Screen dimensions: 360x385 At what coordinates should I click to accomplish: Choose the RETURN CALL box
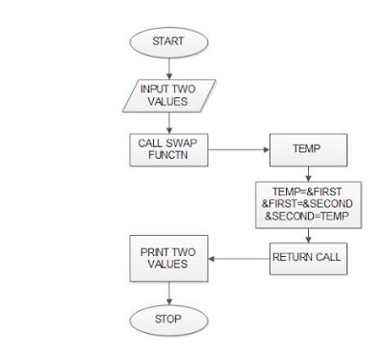click(306, 257)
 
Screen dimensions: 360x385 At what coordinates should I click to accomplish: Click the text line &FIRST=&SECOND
click(306, 203)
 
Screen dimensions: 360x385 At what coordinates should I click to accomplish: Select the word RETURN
click(293, 257)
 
